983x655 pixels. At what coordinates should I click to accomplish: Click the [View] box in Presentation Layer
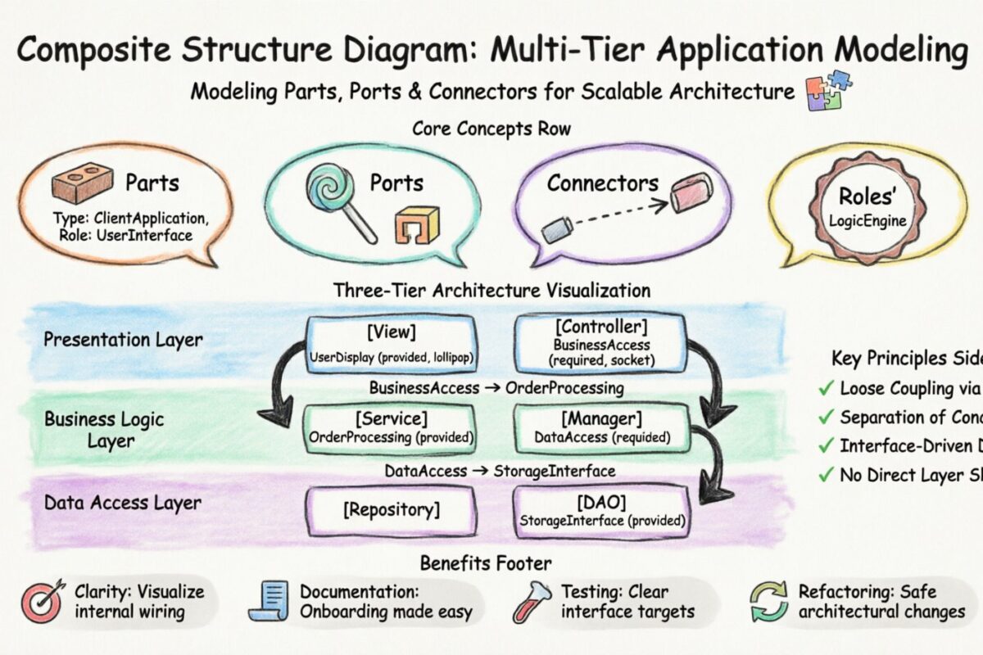coord(391,344)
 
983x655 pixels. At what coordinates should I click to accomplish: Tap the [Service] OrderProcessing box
coord(391,428)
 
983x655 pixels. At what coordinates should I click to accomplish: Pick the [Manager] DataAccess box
coord(601,428)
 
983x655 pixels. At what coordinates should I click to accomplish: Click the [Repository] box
coord(391,511)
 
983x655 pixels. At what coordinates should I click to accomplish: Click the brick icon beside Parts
coord(82,181)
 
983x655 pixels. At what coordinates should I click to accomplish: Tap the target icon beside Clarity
coord(42,603)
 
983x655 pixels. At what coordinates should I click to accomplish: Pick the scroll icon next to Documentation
coord(274,602)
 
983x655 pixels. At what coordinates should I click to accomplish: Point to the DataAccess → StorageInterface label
coord(500,471)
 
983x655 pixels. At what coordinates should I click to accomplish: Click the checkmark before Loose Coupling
coord(826,388)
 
